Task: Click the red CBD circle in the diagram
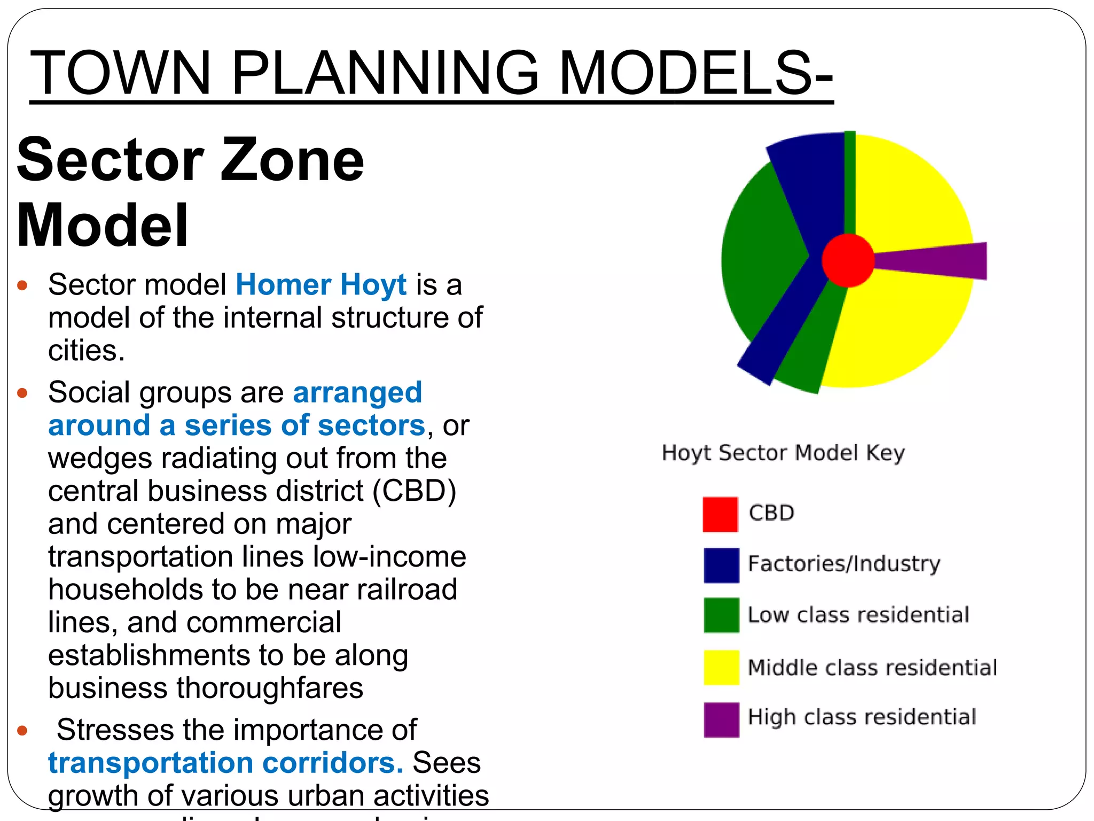[x=848, y=260]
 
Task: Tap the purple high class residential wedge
[x=940, y=260]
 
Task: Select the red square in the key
[x=720, y=514]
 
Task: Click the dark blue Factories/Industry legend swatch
[x=721, y=565]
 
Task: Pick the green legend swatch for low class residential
[x=721, y=615]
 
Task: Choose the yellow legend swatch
[x=721, y=668]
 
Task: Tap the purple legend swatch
[x=721, y=719]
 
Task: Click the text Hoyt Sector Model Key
[x=783, y=453]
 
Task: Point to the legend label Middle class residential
[x=872, y=668]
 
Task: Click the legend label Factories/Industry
[x=844, y=563]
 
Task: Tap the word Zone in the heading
[x=292, y=160]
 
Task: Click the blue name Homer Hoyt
[x=321, y=284]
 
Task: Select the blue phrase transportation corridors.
[x=225, y=763]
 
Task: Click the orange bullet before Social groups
[x=22, y=393]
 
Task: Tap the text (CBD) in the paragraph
[x=414, y=491]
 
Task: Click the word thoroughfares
[x=270, y=688]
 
